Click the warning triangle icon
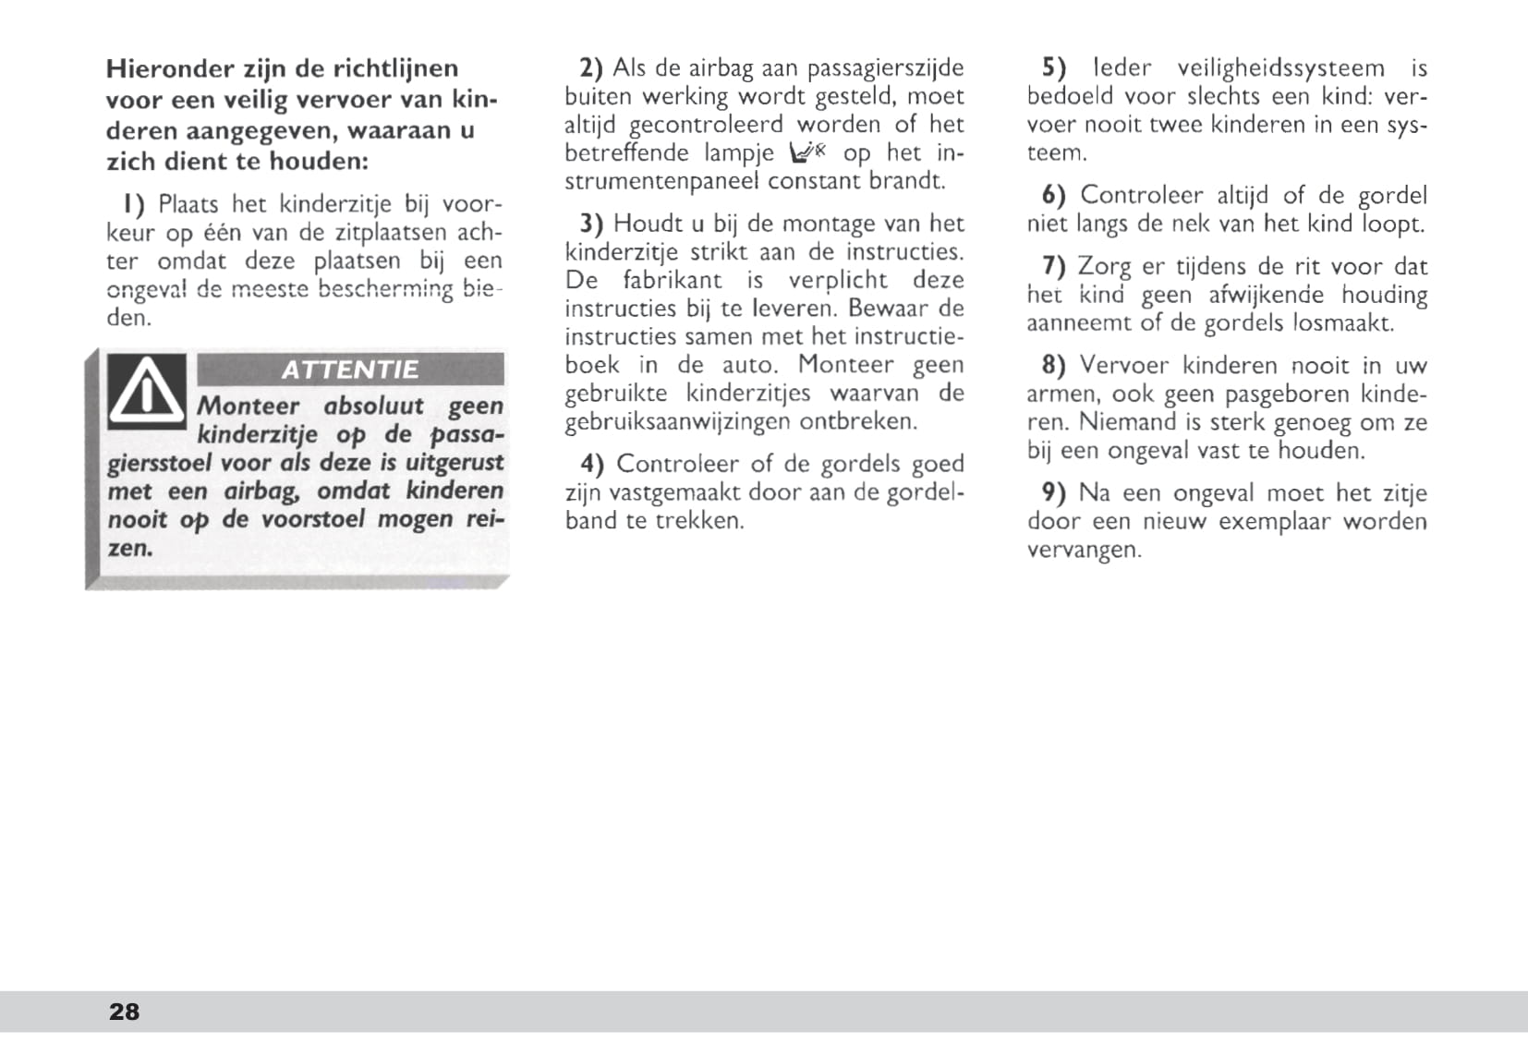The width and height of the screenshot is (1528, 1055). click(147, 392)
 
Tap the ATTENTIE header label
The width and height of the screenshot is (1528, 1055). click(350, 370)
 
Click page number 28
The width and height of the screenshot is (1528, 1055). click(125, 1012)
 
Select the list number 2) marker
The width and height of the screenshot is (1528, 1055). click(591, 68)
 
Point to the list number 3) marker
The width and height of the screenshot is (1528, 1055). click(591, 224)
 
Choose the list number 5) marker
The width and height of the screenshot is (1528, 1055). click(1054, 68)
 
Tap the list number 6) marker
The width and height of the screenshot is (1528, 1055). click(1054, 196)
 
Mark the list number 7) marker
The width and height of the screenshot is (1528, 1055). click(1054, 267)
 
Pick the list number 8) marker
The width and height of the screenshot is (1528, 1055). click(1054, 366)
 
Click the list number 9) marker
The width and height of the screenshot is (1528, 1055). click(1054, 493)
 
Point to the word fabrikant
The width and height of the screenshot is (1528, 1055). click(672, 280)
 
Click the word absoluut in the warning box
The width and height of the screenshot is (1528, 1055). click(374, 406)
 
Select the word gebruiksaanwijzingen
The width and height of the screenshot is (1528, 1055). click(678, 422)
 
